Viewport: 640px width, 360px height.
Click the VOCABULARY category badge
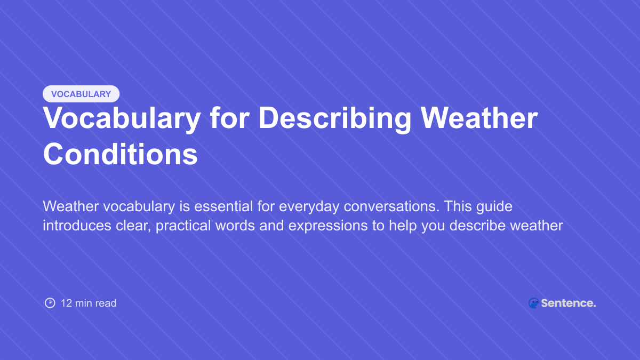(81, 94)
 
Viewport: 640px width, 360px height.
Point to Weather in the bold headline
(479, 118)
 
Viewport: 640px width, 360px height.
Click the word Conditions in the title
(121, 154)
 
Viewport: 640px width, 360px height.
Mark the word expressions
(327, 225)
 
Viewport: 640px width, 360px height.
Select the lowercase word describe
(478, 225)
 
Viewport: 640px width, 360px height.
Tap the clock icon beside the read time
(50, 303)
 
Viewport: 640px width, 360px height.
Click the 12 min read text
(89, 303)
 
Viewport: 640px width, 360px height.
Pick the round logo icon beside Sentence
(533, 303)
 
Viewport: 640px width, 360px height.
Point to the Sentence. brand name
(569, 303)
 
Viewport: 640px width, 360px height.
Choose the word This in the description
(456, 206)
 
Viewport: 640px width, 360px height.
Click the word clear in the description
(134, 225)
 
